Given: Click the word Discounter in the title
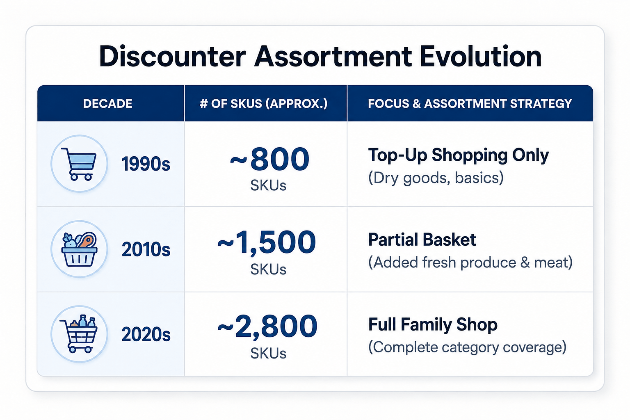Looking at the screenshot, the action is coord(172,57).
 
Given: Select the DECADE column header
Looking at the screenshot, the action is coord(108,104).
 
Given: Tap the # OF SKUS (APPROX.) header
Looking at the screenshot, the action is coord(264,104).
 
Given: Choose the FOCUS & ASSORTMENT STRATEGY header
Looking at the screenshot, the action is coord(470,104).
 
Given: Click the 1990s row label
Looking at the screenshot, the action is coord(146,164).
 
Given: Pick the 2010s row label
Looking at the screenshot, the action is coord(146,249).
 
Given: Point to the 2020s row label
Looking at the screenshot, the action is coord(146,334).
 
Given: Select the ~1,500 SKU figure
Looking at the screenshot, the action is coord(267,242).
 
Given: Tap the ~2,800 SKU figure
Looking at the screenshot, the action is coord(267,326).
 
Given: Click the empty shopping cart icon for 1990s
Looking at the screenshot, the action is coord(79,164).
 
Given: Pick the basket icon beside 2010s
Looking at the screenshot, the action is coord(79,249).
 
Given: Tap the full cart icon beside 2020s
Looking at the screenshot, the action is coord(79,334).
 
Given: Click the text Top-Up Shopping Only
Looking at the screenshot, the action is coord(459,155).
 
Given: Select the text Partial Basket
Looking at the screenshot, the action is coord(422,240).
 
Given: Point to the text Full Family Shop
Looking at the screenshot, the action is coord(433,324).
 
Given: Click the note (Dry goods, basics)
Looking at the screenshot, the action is coord(436,178).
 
